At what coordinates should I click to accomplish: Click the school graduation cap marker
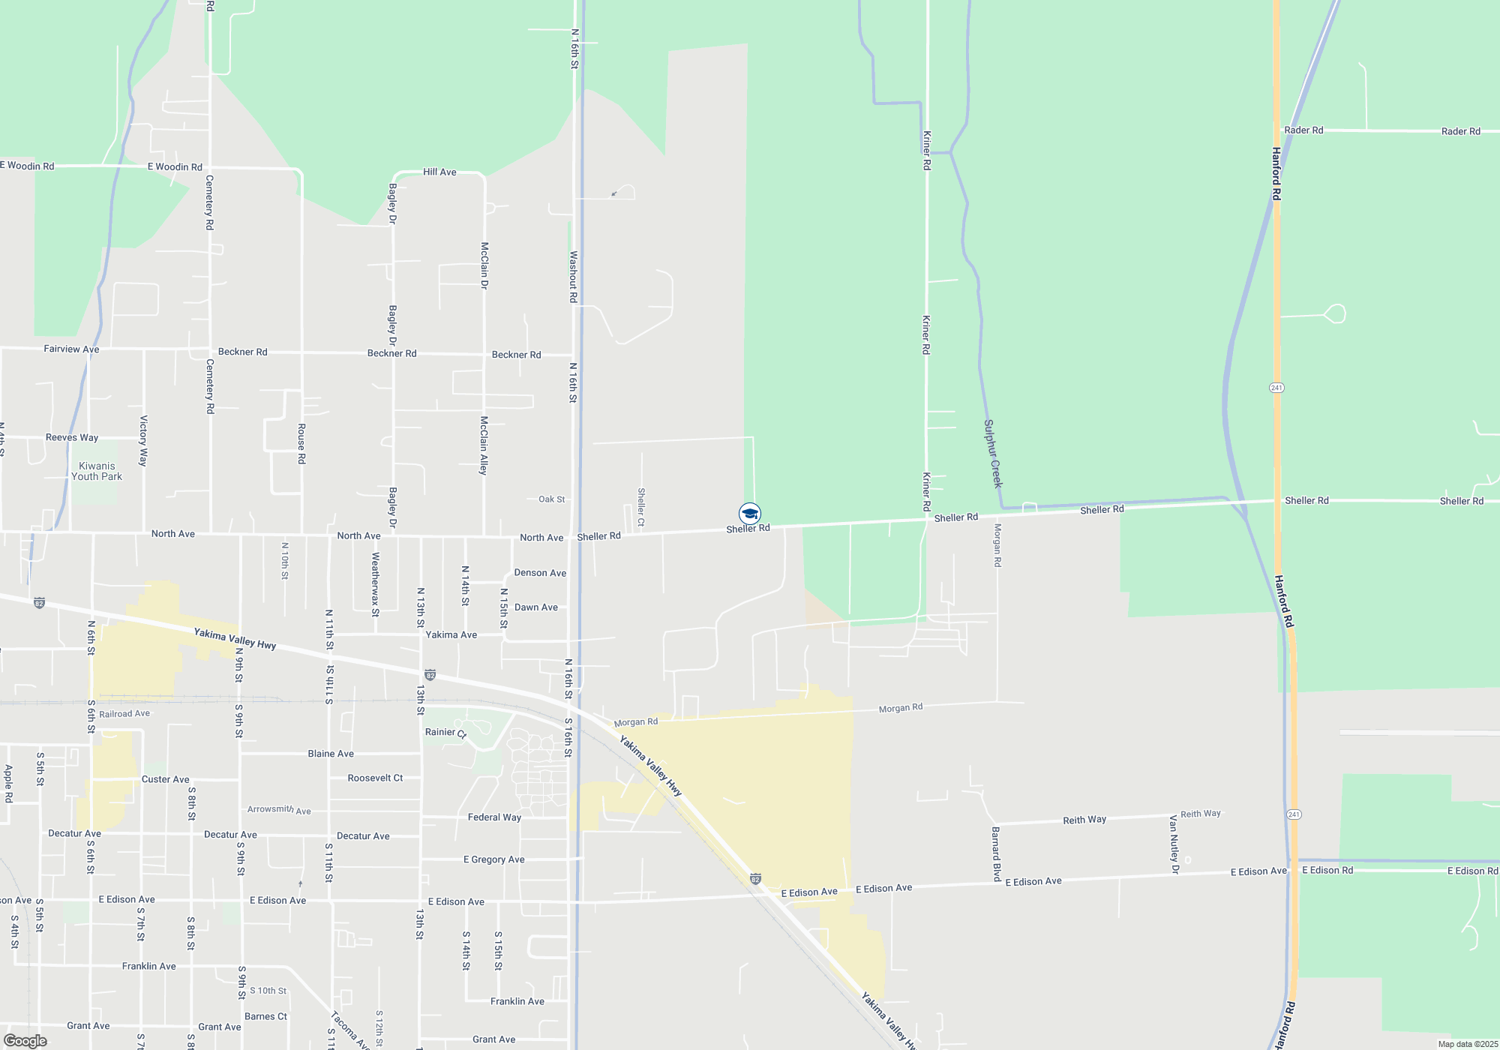coord(749,514)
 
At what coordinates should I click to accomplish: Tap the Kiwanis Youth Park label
coord(97,471)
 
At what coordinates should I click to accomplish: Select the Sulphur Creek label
coord(992,454)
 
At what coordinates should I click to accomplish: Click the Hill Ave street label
coord(439,172)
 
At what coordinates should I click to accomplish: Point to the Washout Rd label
coord(574,277)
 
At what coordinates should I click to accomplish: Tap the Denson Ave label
coord(540,573)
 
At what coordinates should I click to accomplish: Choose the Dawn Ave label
coord(536,607)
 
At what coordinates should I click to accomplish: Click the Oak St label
coord(552,499)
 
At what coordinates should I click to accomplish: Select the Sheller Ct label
coord(641,507)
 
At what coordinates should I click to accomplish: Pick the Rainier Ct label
coord(445,733)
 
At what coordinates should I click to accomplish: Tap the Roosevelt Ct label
coord(375,778)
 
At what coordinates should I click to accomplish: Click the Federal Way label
coord(494,817)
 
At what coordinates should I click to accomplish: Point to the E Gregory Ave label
coord(494,859)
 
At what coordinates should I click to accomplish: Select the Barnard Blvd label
coord(996,853)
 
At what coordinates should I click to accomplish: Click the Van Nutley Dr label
coord(1174,844)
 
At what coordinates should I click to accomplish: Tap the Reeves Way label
coord(72,438)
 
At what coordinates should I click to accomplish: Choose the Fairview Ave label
coord(71,349)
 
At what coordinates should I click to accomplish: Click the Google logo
coord(25,1041)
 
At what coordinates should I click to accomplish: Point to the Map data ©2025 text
coord(1468,1044)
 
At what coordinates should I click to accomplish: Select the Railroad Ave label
coord(124,714)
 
